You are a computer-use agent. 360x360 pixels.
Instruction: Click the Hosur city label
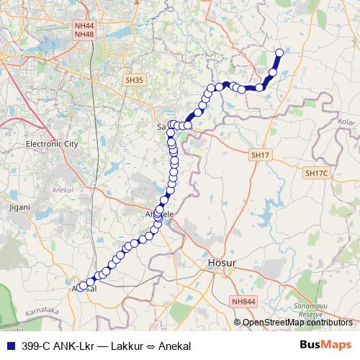(216, 265)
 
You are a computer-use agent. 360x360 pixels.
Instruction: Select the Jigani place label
(20, 207)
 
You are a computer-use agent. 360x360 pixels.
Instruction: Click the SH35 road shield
(133, 81)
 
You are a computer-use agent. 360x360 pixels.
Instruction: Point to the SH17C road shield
(316, 173)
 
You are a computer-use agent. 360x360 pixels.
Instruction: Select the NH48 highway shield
(84, 35)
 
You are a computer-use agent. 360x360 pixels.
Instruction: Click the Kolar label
(346, 122)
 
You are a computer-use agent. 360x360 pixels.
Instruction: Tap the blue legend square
(9, 346)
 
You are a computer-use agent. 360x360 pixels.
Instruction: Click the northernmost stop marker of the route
(279, 53)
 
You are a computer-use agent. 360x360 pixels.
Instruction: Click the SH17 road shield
(260, 155)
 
